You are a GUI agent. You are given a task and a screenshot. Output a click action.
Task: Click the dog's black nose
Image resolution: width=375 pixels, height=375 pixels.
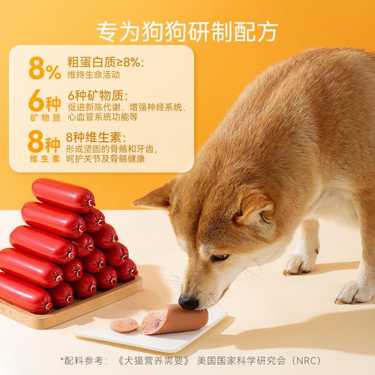(x=188, y=302)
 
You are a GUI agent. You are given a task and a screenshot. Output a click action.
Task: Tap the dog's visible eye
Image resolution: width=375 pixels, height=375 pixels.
(x=220, y=257)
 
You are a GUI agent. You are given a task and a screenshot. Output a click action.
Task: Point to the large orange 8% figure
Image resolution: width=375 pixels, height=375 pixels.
(x=45, y=68)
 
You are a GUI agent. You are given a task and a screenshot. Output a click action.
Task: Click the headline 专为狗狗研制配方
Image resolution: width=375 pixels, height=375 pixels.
(x=187, y=32)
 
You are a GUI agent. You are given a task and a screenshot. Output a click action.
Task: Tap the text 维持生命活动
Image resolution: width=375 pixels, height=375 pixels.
(x=93, y=75)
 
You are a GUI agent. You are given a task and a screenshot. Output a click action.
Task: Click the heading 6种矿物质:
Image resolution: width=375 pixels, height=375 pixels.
(x=98, y=96)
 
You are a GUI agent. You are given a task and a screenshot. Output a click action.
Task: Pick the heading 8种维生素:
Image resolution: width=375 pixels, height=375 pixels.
(x=96, y=137)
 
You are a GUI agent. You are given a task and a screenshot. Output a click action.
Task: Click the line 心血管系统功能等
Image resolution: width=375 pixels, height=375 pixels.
(x=103, y=117)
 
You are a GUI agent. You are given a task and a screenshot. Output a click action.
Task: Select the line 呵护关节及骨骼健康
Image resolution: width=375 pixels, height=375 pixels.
(x=105, y=159)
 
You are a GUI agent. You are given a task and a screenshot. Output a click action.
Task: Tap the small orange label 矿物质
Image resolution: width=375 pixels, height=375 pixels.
(x=45, y=118)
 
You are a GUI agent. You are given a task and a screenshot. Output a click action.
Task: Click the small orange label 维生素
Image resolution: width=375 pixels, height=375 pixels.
(x=45, y=159)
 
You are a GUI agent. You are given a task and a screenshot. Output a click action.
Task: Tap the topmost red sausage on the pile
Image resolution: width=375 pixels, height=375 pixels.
(x=64, y=195)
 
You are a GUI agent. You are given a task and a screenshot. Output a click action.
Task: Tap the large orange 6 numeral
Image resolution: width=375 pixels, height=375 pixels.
(x=37, y=100)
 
